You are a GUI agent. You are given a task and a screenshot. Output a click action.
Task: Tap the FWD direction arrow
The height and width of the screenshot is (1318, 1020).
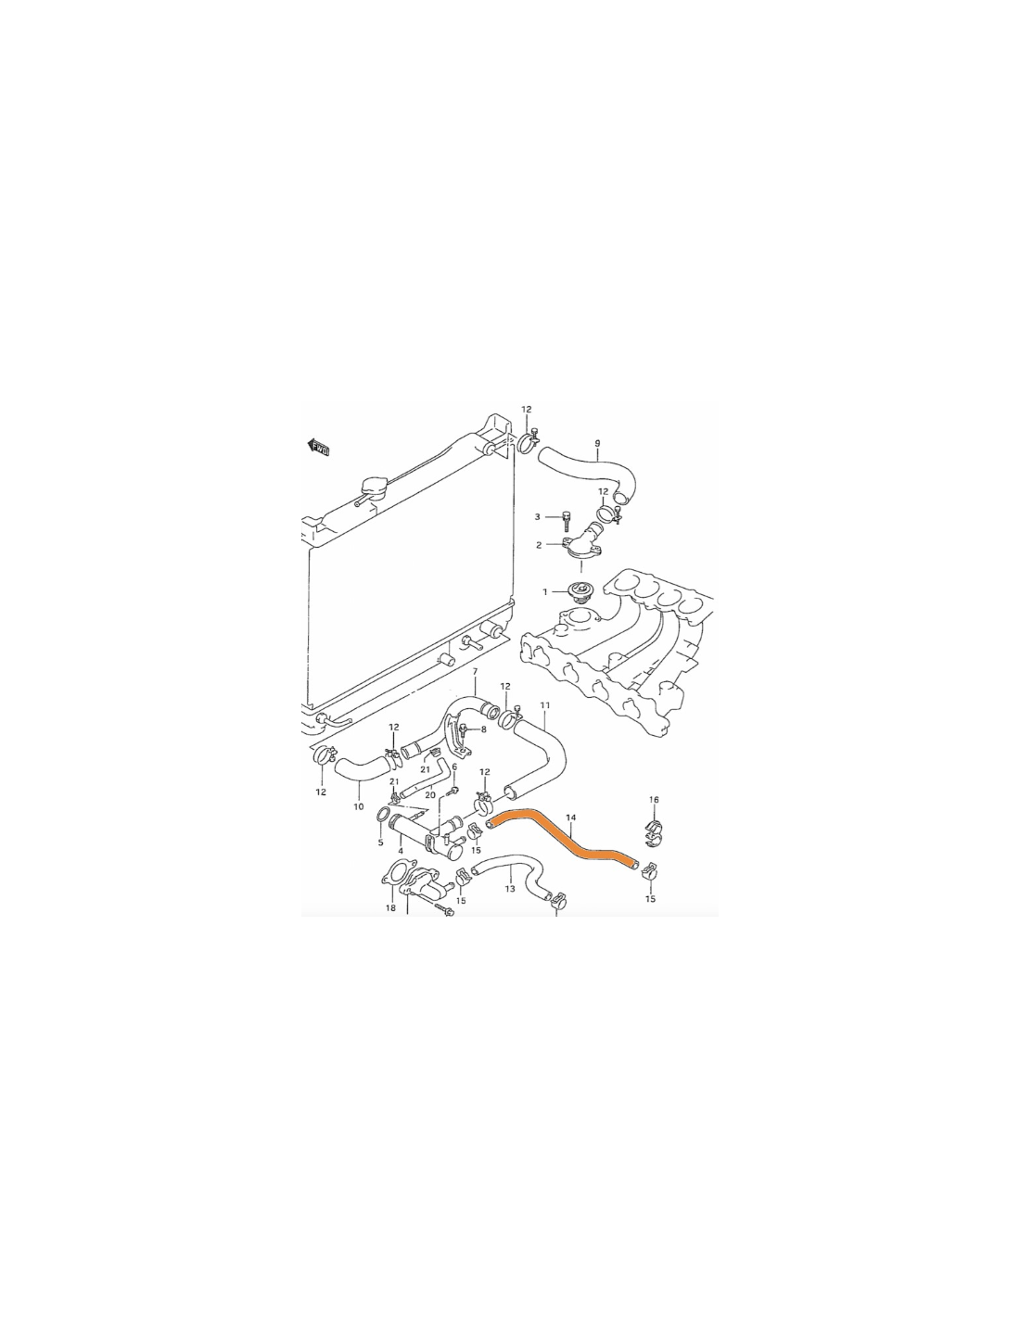[x=319, y=449]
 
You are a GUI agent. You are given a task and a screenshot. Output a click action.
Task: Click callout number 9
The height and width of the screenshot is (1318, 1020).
[x=597, y=443]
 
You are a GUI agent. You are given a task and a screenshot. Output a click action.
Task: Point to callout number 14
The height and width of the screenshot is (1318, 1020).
[x=570, y=817]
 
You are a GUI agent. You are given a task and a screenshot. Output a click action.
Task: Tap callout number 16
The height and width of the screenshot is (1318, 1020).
[x=654, y=800]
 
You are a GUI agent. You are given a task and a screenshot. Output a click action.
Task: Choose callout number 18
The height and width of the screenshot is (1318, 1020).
[x=390, y=908]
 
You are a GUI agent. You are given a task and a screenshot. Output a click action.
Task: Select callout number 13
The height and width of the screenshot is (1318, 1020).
[x=510, y=889]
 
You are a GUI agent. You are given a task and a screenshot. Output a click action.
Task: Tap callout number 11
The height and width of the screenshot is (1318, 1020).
[x=544, y=705]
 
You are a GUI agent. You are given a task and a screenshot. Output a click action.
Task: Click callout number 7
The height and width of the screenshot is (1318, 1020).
[x=475, y=671]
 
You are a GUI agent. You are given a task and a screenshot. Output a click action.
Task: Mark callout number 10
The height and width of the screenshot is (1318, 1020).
[x=359, y=806]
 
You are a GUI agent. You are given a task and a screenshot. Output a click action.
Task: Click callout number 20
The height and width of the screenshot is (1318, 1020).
[x=430, y=794]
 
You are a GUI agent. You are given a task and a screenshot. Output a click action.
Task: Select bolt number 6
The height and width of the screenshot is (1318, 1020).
[x=454, y=790]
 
